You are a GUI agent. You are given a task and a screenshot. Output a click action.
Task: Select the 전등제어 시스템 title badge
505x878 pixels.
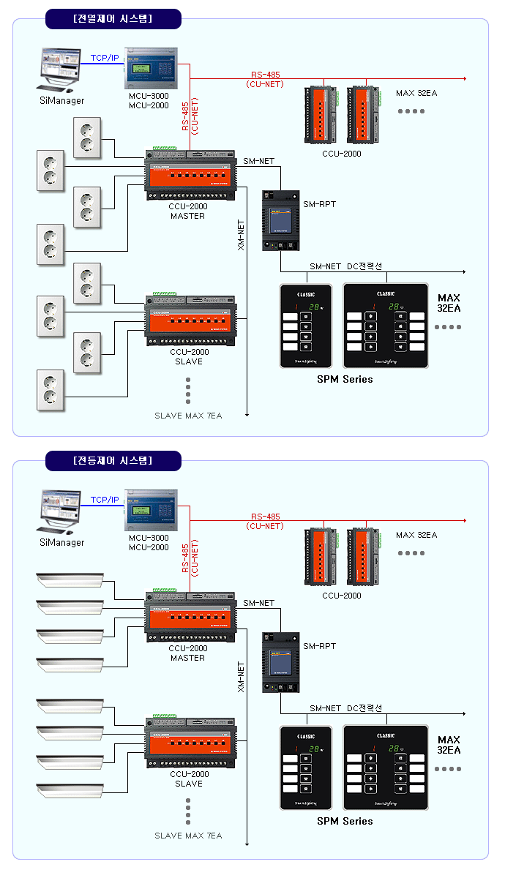point(113,461)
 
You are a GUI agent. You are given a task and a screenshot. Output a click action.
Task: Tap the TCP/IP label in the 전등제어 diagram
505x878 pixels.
point(105,500)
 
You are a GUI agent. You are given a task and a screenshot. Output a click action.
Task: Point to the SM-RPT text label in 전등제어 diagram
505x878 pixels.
point(319,646)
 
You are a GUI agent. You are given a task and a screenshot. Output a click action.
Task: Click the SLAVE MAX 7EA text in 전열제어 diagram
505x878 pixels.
point(188,416)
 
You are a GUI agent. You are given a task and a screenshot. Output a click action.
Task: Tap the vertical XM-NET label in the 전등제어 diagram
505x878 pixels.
point(241,677)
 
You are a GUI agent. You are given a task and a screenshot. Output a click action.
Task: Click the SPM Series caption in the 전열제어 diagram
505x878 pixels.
point(345,379)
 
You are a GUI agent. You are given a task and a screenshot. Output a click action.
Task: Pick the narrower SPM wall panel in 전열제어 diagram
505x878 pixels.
point(306,325)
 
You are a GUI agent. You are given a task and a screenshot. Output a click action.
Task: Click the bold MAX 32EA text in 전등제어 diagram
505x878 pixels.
point(449,745)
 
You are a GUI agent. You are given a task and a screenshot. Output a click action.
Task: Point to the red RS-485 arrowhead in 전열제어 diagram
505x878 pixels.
point(463,77)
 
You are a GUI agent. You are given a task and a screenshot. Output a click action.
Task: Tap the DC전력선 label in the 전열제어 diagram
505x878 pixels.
point(364,266)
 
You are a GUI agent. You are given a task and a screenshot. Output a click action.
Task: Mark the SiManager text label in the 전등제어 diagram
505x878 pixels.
point(61,542)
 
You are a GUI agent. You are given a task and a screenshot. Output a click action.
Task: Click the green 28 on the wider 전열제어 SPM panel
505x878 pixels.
point(394,307)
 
